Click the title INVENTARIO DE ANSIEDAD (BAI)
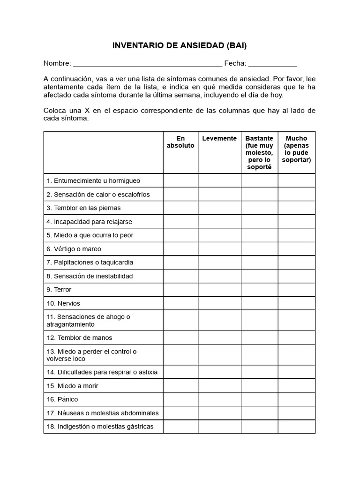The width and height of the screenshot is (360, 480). (180, 46)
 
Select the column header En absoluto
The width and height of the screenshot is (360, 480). (180, 142)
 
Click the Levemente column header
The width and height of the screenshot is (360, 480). (219, 138)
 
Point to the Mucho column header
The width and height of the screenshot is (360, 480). (296, 149)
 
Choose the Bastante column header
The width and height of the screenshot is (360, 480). (259, 152)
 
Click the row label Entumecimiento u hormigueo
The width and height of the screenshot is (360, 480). (93, 180)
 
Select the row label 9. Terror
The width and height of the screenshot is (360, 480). (59, 290)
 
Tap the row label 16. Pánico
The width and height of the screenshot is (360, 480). (62, 399)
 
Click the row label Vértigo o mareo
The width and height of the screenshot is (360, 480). (74, 249)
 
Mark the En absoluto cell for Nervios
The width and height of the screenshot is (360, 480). (180, 303)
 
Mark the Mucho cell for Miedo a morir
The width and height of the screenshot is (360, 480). (296, 386)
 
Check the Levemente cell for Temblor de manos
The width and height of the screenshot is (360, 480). (219, 337)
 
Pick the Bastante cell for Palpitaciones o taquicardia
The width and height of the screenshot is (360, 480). (259, 262)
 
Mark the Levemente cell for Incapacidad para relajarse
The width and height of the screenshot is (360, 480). (219, 221)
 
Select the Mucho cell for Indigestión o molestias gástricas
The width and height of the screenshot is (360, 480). (296, 427)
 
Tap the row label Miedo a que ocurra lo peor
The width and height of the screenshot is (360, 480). (90, 235)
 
